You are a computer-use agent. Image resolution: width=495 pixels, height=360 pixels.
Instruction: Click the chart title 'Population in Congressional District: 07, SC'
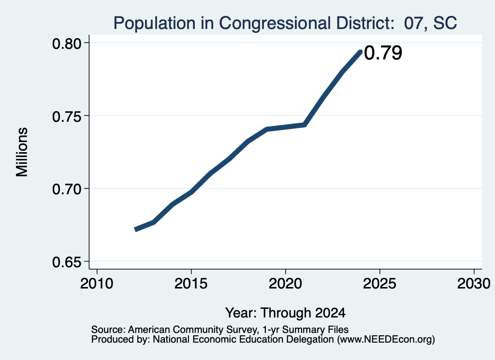(285, 23)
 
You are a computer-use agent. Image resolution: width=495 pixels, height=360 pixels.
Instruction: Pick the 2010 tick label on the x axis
(97, 283)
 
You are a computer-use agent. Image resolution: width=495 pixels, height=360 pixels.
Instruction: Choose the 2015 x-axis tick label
(190, 283)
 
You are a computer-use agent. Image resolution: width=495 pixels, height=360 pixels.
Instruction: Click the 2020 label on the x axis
(285, 283)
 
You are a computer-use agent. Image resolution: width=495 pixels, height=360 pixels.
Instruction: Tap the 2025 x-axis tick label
(379, 283)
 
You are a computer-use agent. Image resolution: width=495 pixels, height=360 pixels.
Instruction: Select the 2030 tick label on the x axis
(474, 283)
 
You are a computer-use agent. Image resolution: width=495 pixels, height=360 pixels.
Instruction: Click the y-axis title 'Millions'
(22, 152)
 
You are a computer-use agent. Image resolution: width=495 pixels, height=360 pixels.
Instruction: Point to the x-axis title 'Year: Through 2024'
(285, 313)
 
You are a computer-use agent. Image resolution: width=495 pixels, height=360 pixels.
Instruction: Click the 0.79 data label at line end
(383, 53)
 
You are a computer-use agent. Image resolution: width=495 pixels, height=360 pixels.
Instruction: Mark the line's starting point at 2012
(135, 230)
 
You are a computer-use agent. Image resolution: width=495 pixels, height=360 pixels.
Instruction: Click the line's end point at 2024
(361, 51)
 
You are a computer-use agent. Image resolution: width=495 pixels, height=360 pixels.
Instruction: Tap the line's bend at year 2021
(305, 125)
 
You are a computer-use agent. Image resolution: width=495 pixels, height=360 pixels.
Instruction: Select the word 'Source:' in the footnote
(109, 330)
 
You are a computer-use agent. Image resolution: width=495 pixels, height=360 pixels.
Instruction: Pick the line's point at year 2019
(267, 129)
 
